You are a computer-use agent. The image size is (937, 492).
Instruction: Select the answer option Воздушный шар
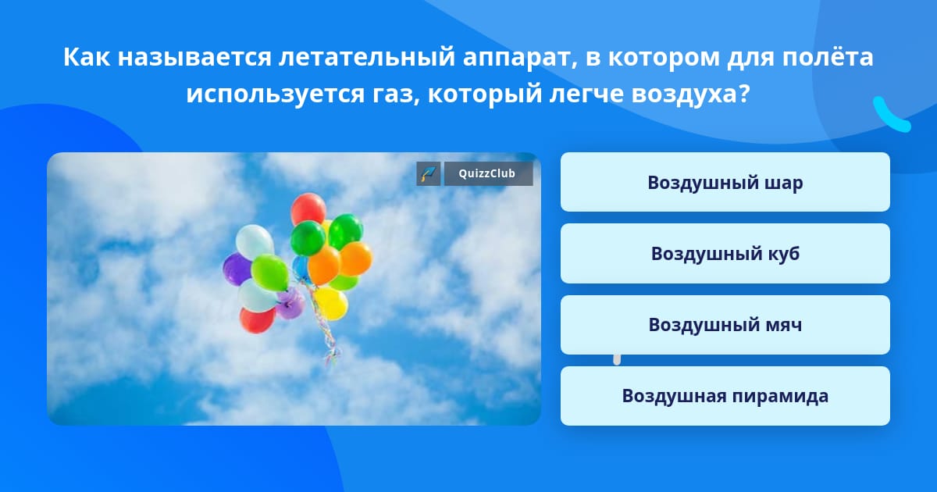coord(725,182)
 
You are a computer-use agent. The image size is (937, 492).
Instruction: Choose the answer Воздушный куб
coord(725,253)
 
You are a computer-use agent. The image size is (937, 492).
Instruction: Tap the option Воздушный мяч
coord(725,325)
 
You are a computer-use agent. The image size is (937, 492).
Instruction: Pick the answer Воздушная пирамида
coord(725,396)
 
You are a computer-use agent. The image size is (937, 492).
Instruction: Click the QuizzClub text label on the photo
coord(486,173)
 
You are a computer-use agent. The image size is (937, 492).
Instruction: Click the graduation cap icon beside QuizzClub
coord(428,173)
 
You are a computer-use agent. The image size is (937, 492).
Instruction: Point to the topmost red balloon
coord(308,209)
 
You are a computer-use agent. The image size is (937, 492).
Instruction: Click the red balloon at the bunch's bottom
coord(257,320)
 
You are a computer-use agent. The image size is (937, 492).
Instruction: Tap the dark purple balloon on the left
coord(237,269)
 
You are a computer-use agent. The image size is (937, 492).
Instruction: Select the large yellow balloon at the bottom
coord(331,302)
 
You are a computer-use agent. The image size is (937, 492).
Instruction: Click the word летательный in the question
coord(367,57)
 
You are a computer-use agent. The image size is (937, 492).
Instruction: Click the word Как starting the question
coord(87,57)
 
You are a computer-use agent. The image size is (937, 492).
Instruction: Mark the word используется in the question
coord(276,94)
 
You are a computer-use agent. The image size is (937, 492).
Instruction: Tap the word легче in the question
coord(587,95)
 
